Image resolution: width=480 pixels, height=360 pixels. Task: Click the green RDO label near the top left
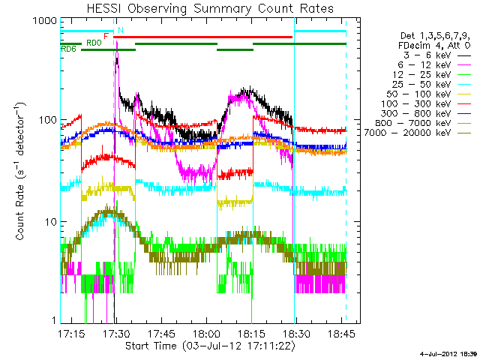(x=94, y=43)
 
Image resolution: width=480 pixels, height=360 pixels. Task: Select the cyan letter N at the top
(x=121, y=30)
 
